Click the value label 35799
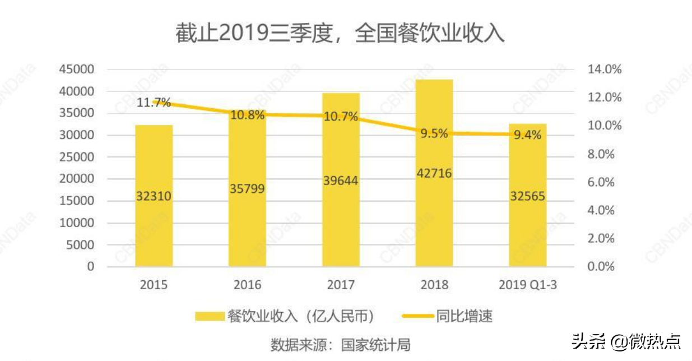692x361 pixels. [x=247, y=189]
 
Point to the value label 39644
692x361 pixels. [x=341, y=180]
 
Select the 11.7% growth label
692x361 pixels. [x=154, y=103]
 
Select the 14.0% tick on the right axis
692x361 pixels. [x=604, y=70]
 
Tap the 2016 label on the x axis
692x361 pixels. [x=247, y=285]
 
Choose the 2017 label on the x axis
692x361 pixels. [x=341, y=285]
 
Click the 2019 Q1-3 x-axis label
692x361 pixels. [x=527, y=285]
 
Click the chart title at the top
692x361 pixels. [x=340, y=33]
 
